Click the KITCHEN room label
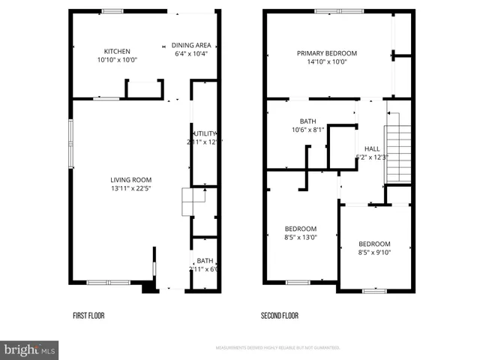pos(117,52)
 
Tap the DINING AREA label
pos(190,45)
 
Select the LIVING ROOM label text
pos(131,179)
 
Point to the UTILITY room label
pos(205,133)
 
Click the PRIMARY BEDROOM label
pos(326,53)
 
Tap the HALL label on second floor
pos(372,148)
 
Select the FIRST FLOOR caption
pos(88,316)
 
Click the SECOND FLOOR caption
pos(280,316)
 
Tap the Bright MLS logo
pos(30,349)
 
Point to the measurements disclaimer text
pos(277,348)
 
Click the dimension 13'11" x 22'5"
pos(131,188)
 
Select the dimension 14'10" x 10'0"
pos(326,62)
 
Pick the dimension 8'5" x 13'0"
pos(300,238)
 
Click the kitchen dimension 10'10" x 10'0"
pos(117,61)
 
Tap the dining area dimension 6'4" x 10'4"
pos(190,54)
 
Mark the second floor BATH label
pos(308,121)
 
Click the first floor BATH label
pos(205,260)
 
